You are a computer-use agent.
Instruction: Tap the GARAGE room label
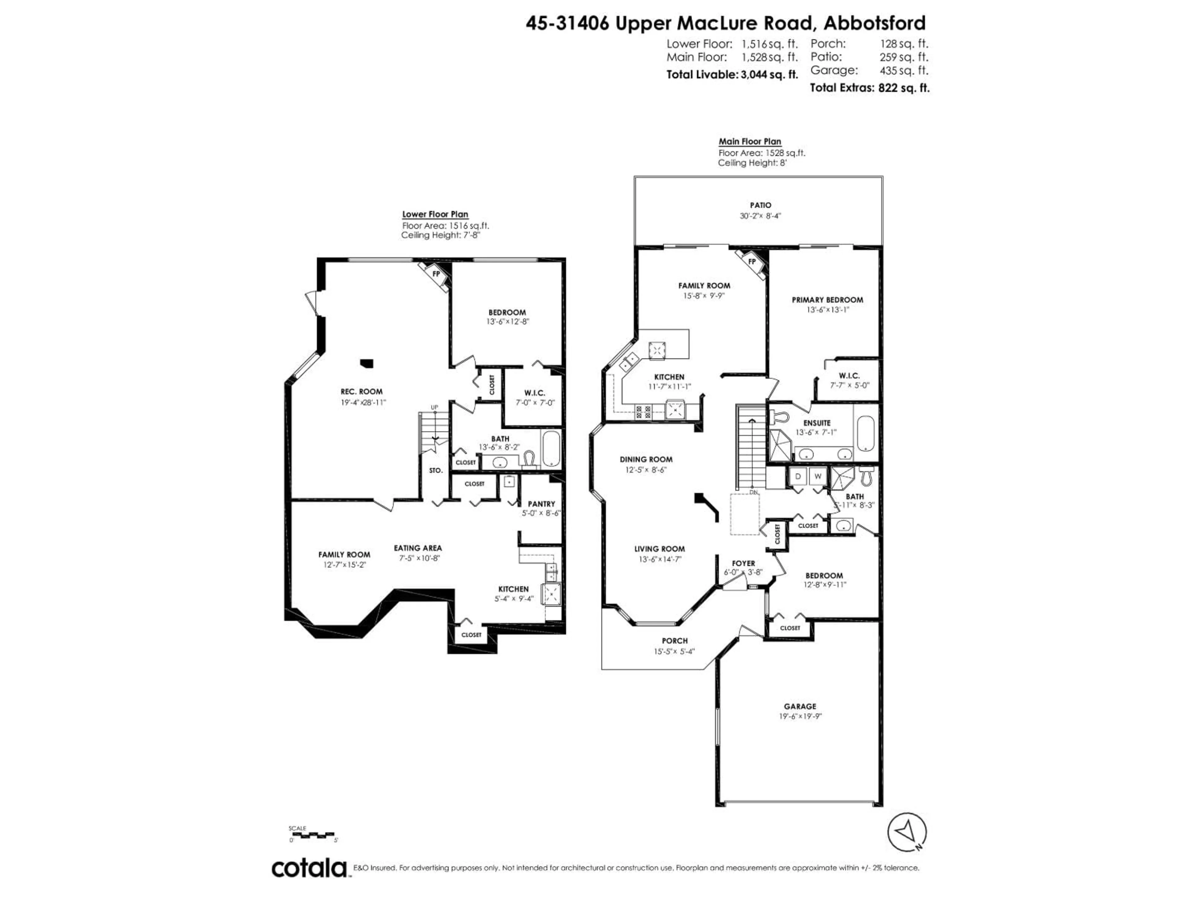tap(800, 706)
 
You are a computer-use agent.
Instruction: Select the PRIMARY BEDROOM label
tap(827, 300)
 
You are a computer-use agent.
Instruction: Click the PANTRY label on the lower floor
tap(541, 504)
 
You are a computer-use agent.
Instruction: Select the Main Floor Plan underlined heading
tap(749, 141)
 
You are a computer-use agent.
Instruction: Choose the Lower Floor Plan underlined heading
tap(435, 214)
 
